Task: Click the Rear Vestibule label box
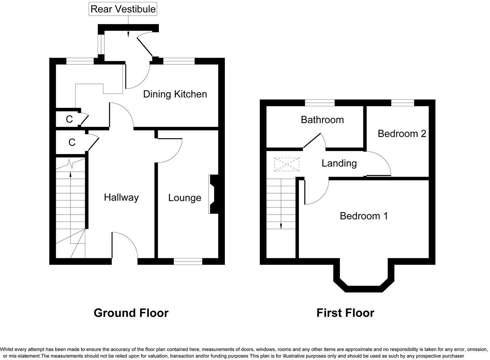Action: [123, 9]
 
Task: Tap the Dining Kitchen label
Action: [175, 94]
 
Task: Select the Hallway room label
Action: [121, 197]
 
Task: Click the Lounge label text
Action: [185, 198]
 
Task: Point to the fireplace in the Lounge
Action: [213, 194]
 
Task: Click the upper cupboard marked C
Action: [69, 119]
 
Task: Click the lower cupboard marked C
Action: [71, 142]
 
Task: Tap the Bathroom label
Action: [322, 119]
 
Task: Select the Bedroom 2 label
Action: [402, 133]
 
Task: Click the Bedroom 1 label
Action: [364, 216]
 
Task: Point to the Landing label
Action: [339, 163]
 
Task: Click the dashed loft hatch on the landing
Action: [286, 164]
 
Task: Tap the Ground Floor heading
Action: [131, 313]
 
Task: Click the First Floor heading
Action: [345, 313]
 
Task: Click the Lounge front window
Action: [188, 261]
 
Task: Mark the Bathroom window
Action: [319, 103]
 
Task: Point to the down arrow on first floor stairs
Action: [281, 226]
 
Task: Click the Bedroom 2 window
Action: [402, 103]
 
